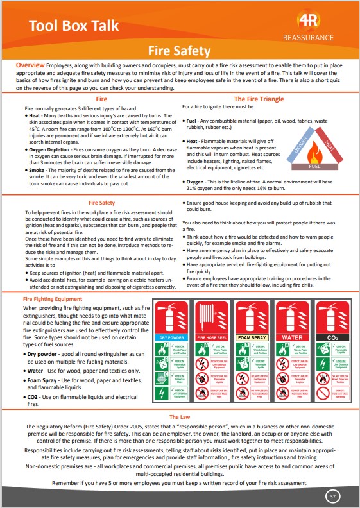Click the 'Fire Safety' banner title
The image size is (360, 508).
[x=179, y=51]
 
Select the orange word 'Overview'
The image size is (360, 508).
[x=30, y=66]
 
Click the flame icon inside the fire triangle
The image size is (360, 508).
[x=316, y=153]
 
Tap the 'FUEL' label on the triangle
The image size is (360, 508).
[x=316, y=166]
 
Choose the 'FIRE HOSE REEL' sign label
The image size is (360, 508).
[x=212, y=337]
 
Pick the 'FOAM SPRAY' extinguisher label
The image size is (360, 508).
[x=252, y=337]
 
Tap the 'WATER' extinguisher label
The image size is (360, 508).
[x=292, y=337]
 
